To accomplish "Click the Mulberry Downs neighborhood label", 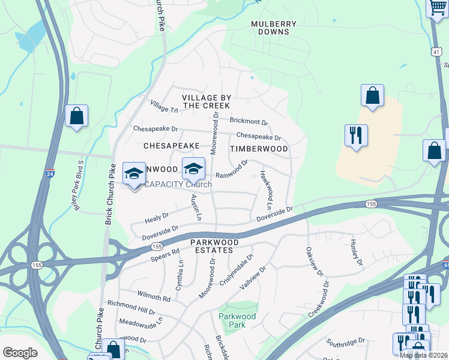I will point(273,28).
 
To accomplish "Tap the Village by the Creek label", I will point(206,101).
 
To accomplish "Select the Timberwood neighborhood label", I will point(259,149).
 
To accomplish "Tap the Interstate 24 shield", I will point(49,174).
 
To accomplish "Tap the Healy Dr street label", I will point(157,217).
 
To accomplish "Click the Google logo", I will point(20,353).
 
